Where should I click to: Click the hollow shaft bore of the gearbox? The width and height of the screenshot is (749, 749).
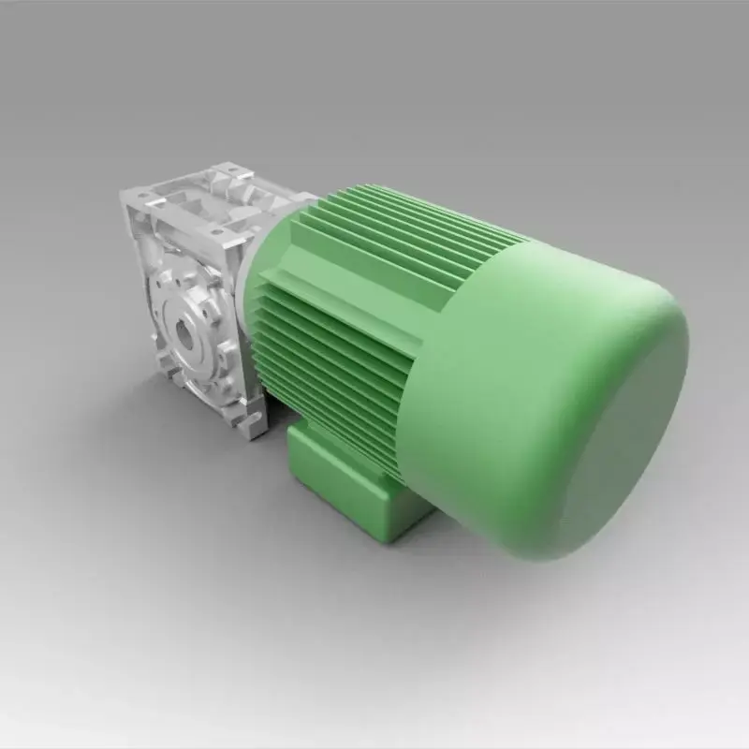click(185, 333)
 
